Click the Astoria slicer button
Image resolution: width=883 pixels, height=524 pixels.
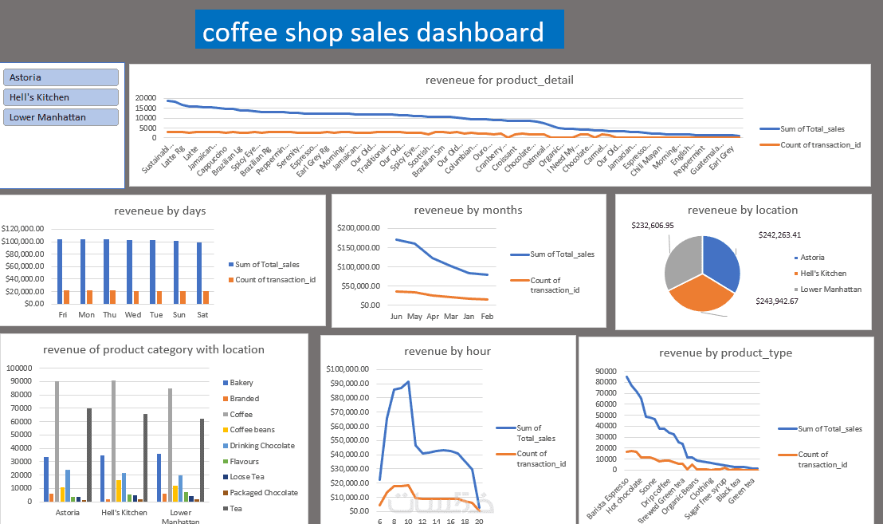tap(61, 77)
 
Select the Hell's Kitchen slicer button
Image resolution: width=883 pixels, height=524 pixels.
tap(61, 97)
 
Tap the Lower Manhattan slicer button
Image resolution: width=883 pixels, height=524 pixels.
tap(61, 117)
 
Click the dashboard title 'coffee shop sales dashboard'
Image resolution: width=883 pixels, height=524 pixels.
tap(373, 33)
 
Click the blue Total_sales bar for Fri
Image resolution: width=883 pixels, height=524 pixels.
tap(59, 271)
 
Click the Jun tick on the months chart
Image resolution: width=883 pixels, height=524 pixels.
tap(396, 317)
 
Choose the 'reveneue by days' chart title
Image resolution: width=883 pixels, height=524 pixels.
tap(159, 211)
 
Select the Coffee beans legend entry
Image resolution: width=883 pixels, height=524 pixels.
tap(252, 430)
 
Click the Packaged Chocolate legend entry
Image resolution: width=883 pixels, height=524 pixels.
tap(261, 493)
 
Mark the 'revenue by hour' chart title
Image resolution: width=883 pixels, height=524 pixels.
tap(447, 351)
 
